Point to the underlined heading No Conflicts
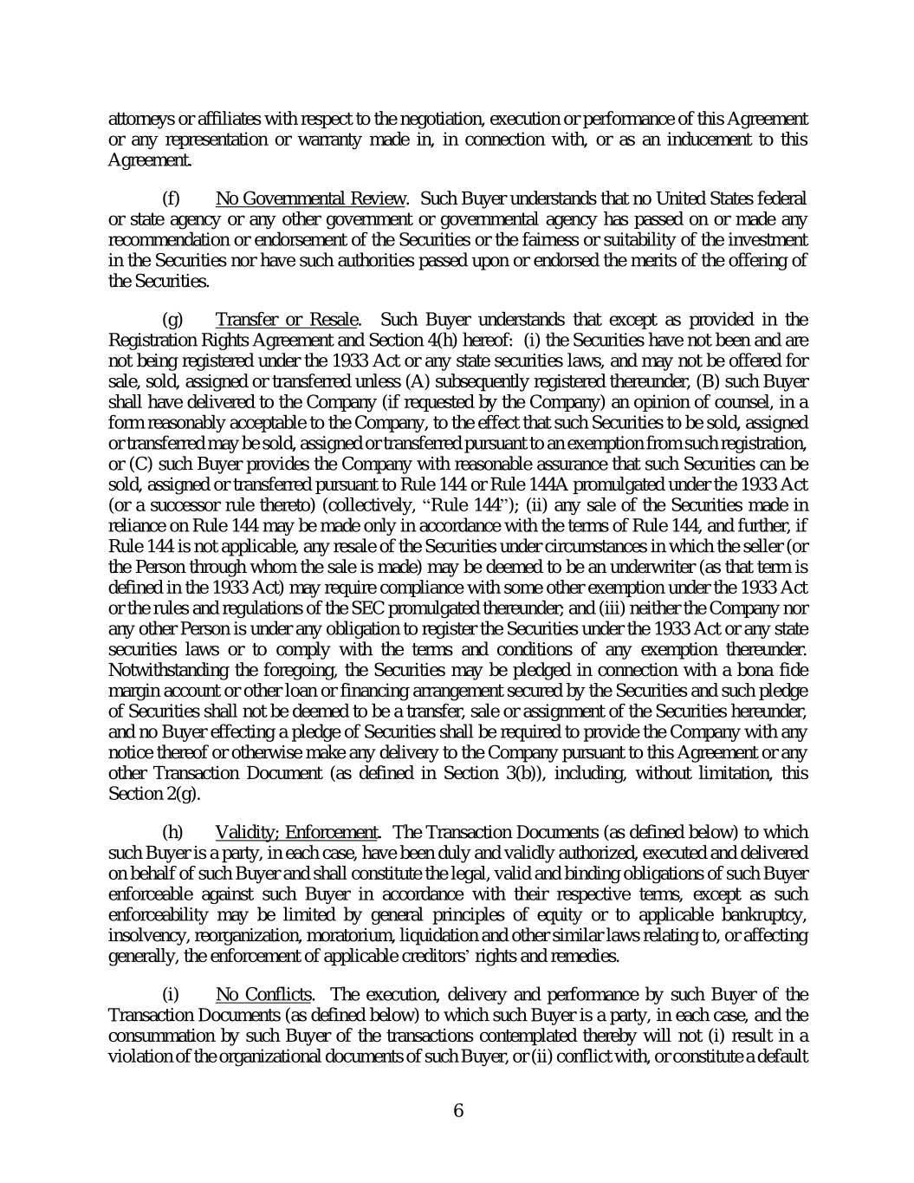(x=264, y=994)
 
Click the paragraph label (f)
(x=172, y=198)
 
